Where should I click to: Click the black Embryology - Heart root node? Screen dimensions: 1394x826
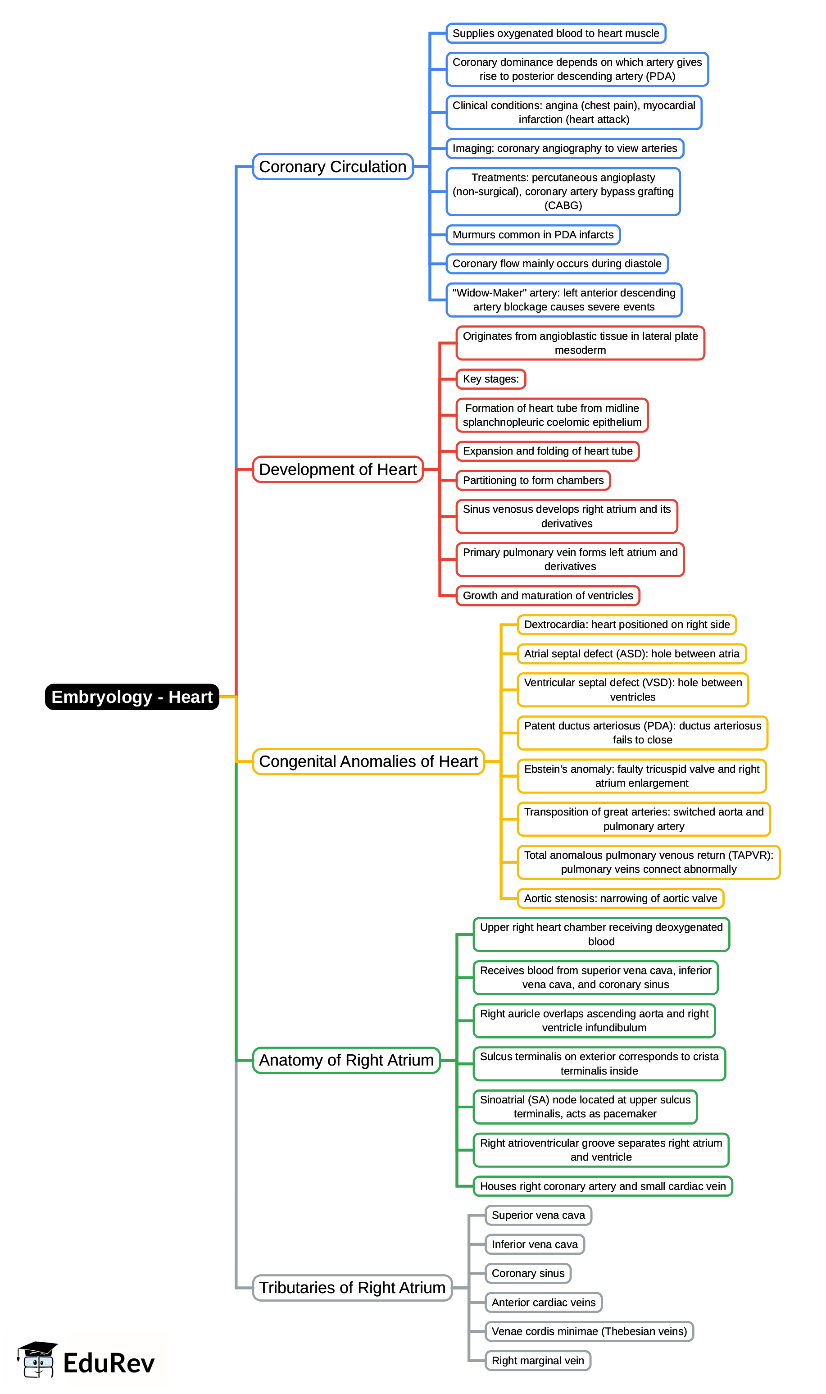(x=132, y=697)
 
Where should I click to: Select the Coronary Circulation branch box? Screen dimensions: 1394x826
(x=332, y=166)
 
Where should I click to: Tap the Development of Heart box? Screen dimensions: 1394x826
(x=338, y=469)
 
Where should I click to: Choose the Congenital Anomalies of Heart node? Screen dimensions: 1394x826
(x=368, y=761)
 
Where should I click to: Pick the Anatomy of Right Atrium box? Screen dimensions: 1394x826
(x=346, y=1060)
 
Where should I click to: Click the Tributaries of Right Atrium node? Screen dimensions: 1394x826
(x=352, y=1288)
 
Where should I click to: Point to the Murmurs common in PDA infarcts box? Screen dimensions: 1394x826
(x=533, y=234)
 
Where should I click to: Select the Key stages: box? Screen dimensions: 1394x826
(x=490, y=378)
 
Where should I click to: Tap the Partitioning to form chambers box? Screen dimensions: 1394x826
(x=533, y=480)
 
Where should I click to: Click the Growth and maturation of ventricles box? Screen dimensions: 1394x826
(x=548, y=595)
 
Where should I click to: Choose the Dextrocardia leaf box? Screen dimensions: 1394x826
(x=627, y=624)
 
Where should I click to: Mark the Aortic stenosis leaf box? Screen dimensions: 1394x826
(x=620, y=898)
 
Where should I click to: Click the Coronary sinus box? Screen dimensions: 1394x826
(x=528, y=1273)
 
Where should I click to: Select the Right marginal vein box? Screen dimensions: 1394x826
(x=538, y=1361)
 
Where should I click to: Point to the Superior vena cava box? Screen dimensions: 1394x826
(x=538, y=1215)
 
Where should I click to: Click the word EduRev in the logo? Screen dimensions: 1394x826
(x=109, y=1363)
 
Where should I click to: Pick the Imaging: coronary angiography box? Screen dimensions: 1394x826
(x=564, y=148)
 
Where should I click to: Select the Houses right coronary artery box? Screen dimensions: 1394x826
(x=602, y=1186)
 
